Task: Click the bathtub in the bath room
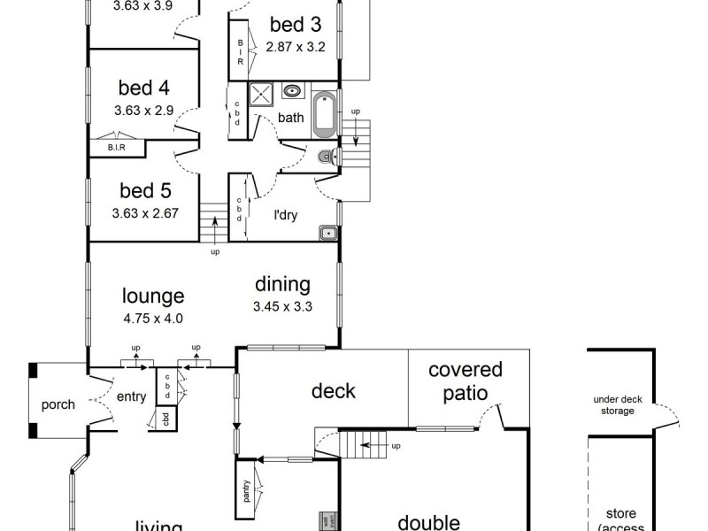324,115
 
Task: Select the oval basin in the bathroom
292,90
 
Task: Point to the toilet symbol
326,158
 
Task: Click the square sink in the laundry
327,232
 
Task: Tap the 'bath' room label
290,118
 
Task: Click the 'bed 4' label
144,88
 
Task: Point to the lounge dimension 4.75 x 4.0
153,319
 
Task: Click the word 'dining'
282,285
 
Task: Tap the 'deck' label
333,390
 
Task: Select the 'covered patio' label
465,381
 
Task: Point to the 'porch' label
59,405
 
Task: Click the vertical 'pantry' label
246,491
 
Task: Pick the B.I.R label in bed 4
116,148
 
